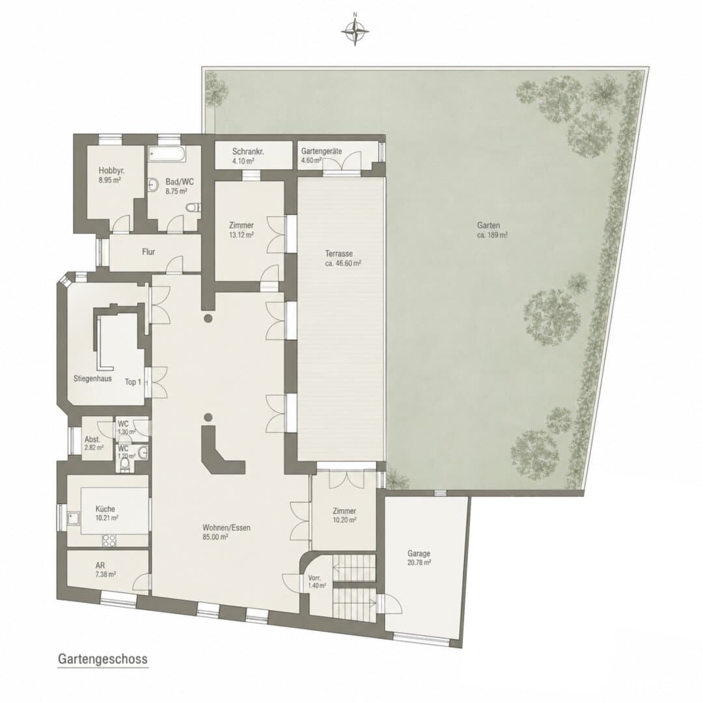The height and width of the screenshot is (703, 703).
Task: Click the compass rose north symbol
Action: [x=355, y=31]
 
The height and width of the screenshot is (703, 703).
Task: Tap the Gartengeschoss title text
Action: [x=103, y=659]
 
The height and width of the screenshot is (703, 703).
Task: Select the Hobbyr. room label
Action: [x=112, y=171]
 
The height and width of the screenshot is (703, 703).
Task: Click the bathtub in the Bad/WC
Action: [x=167, y=154]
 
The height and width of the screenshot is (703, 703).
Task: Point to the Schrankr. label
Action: [x=248, y=152]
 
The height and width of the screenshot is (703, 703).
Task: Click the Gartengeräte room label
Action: [x=322, y=151]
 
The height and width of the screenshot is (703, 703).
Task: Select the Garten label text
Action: [x=488, y=225]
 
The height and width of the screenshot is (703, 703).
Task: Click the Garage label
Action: [x=419, y=553]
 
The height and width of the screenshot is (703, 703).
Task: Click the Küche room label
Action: [x=105, y=509]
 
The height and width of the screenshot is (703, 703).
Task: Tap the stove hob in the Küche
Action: [x=109, y=541]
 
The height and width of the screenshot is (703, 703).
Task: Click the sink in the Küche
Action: [x=73, y=519]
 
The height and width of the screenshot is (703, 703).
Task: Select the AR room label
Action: [x=100, y=566]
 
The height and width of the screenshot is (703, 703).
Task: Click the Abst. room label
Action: [x=92, y=439]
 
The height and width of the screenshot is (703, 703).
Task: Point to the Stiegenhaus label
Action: [x=92, y=378]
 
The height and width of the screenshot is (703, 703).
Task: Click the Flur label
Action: [x=148, y=252]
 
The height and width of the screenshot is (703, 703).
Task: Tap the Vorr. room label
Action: [x=314, y=578]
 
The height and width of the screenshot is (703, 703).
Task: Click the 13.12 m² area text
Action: [x=241, y=234]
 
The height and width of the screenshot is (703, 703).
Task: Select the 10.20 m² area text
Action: [x=344, y=520]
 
